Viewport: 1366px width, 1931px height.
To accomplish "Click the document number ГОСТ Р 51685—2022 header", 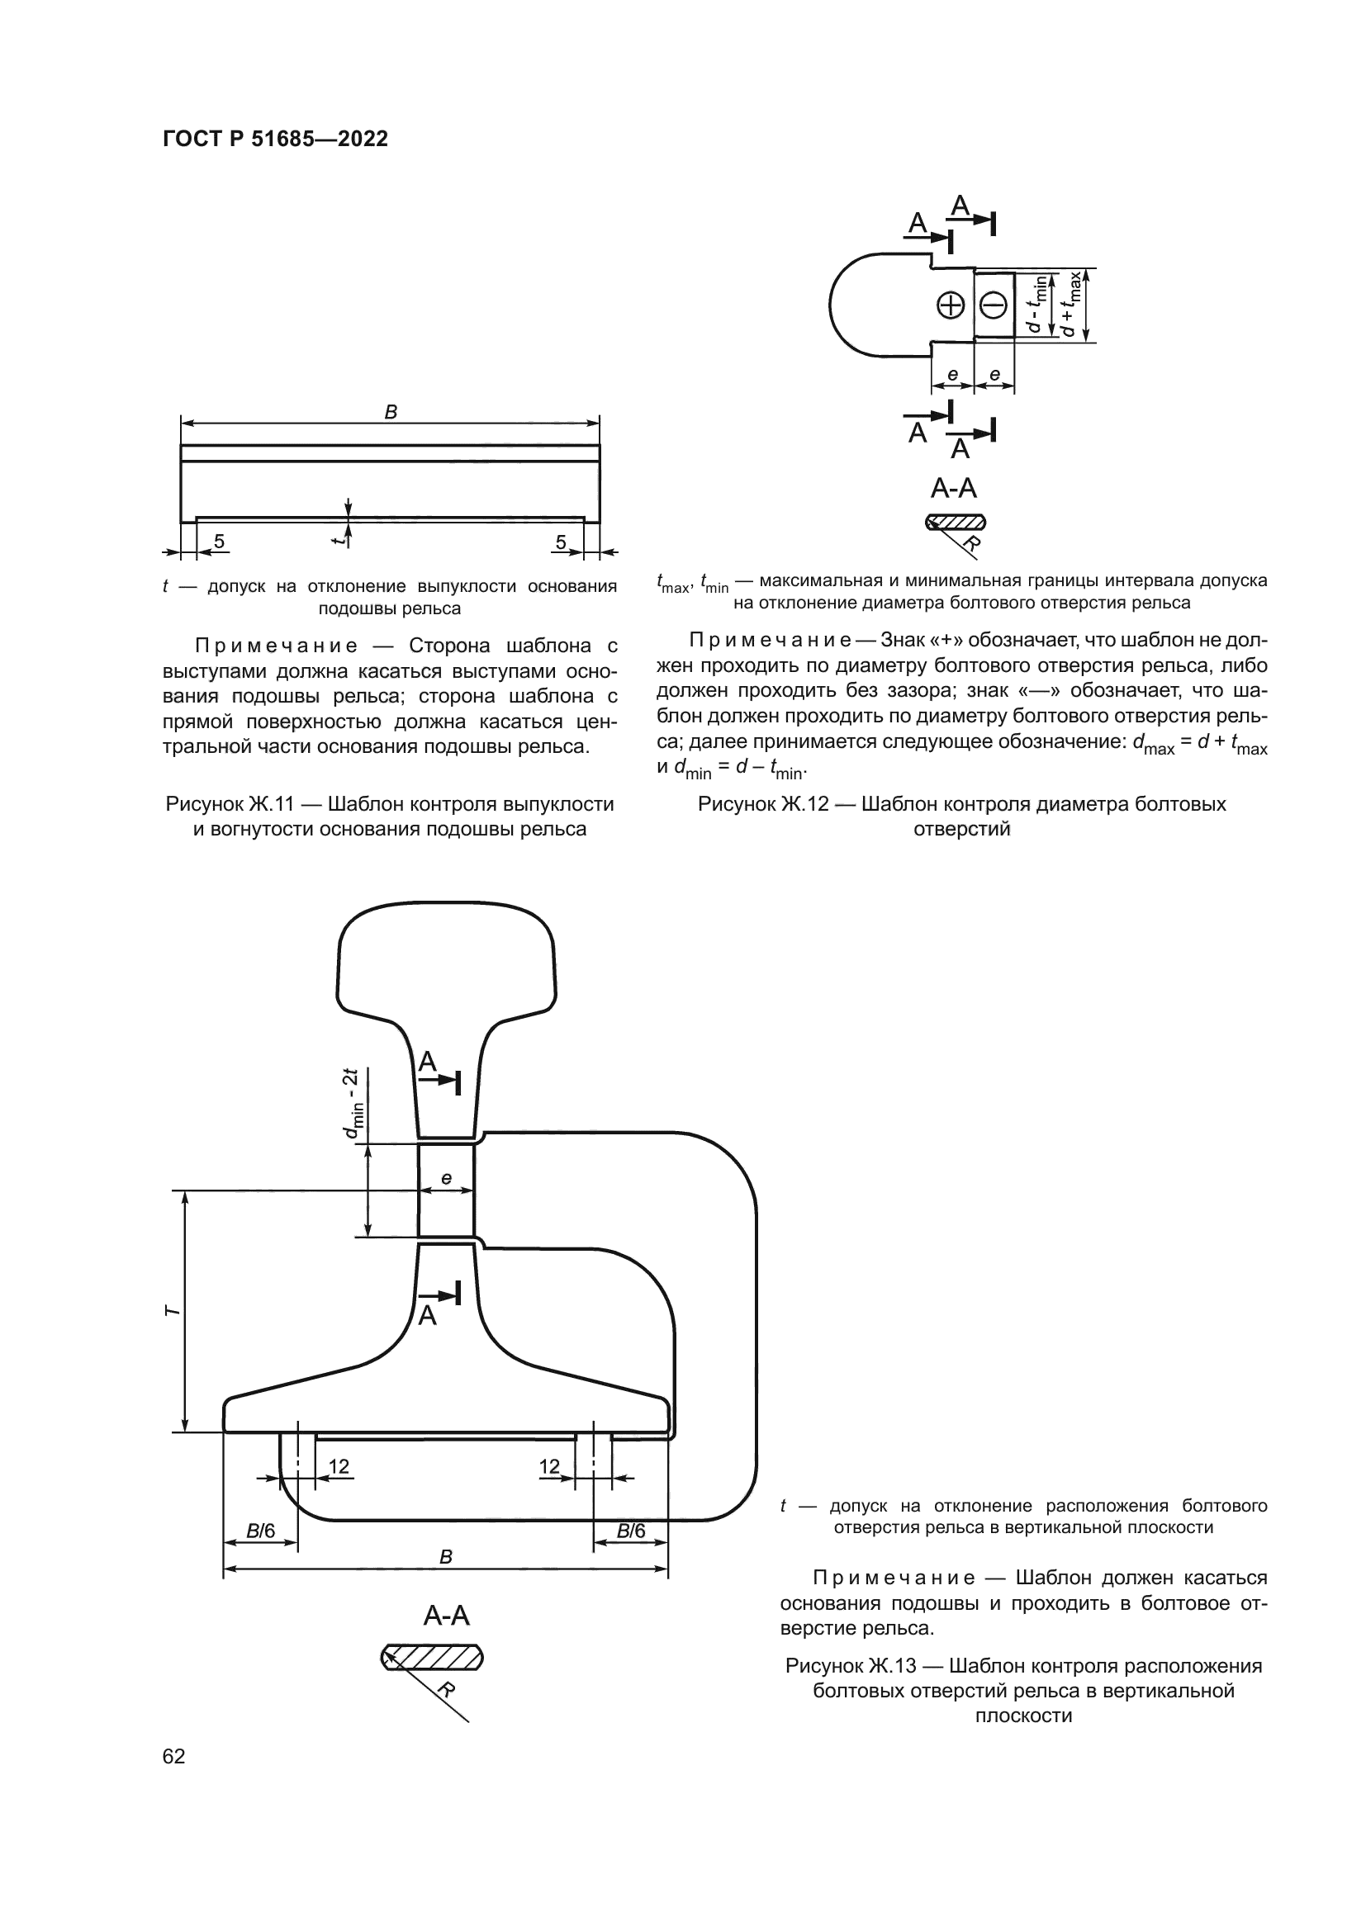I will tap(275, 140).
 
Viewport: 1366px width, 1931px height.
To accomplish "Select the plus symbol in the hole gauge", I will tap(951, 305).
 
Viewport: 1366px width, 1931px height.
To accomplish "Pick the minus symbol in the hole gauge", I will tap(994, 305).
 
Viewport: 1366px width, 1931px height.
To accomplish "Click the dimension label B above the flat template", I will tap(391, 412).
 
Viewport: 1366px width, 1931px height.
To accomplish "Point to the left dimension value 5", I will tap(219, 542).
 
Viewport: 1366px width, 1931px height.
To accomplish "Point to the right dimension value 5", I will tap(561, 542).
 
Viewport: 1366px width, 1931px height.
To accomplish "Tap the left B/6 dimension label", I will tap(261, 1531).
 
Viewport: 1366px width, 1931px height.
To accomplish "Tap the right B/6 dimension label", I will tap(631, 1531).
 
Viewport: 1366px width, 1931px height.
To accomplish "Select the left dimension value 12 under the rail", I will tap(338, 1467).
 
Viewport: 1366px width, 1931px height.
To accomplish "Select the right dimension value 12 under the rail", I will tap(549, 1467).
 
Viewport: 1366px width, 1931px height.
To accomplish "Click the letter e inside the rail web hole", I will tap(446, 1178).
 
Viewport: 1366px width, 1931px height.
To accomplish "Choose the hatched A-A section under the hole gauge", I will tap(956, 523).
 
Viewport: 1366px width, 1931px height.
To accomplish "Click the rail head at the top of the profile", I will tap(446, 958).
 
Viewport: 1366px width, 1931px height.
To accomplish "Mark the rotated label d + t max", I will tap(1070, 305).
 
